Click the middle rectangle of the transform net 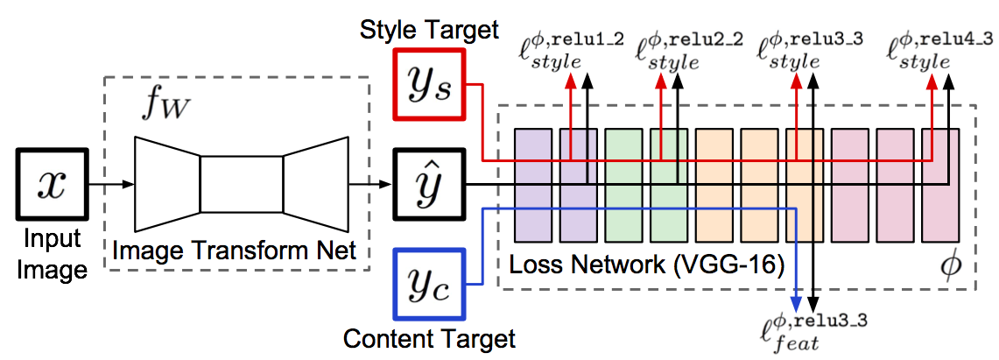242,184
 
